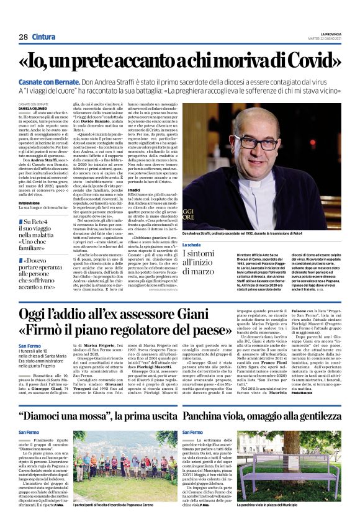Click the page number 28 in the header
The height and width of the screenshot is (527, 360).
(23, 37)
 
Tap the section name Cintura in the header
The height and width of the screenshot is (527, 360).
(43, 37)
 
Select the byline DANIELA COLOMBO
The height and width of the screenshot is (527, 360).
(32, 109)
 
